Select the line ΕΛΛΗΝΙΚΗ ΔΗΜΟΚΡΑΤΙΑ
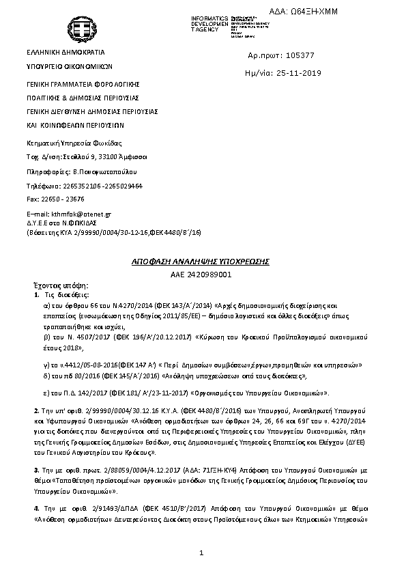(x=66, y=52)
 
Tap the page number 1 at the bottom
(x=203, y=552)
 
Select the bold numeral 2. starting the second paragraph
(x=36, y=410)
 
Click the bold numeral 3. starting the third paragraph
(x=36, y=471)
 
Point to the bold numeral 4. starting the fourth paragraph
(x=36, y=509)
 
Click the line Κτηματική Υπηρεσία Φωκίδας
(x=74, y=143)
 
